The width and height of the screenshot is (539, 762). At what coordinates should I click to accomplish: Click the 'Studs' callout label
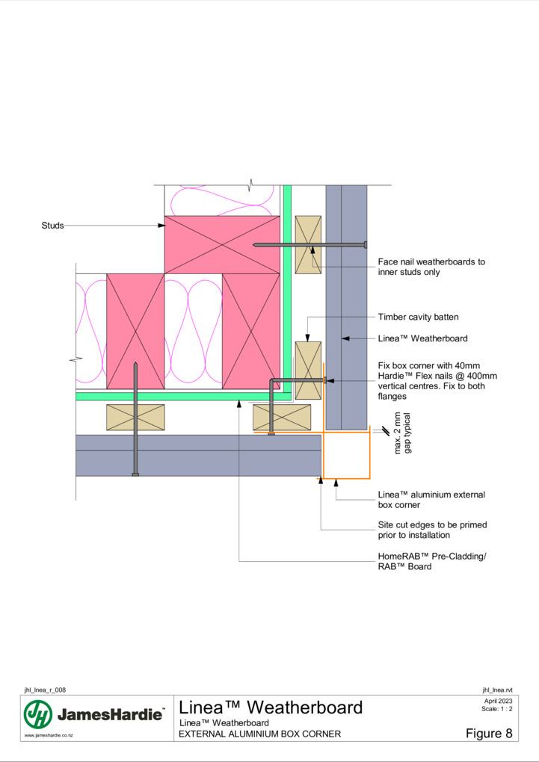52,226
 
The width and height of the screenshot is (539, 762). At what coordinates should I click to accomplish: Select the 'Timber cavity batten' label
419,317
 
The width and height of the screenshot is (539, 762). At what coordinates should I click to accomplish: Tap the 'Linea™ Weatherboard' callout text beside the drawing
422,338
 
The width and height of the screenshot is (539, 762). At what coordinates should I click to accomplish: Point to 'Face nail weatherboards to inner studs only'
431,267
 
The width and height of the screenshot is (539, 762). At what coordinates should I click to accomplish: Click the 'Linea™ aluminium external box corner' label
431,500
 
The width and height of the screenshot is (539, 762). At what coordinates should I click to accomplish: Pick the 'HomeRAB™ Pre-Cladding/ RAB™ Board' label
432,561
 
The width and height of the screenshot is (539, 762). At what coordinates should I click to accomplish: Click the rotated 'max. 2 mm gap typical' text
403,433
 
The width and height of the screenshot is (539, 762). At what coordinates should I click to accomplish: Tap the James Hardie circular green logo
38,714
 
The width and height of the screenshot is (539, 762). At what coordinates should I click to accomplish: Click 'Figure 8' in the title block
489,734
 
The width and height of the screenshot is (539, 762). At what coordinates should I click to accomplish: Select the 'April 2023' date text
498,701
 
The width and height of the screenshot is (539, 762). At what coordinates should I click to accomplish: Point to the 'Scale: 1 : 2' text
496,708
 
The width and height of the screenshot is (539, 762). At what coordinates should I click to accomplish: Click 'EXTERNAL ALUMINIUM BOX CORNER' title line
259,734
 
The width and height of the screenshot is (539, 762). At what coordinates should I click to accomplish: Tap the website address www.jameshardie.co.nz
49,735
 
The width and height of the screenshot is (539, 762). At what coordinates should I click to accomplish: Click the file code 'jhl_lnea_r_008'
45,690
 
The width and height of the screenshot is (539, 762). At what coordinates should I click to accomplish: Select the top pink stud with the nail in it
222,245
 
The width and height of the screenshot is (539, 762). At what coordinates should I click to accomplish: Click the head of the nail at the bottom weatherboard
135,474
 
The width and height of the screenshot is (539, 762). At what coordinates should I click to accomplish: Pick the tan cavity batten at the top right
308,245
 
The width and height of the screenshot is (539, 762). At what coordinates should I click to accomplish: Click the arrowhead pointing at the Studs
161,226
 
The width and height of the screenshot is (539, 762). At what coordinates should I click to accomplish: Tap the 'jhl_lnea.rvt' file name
497,690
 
